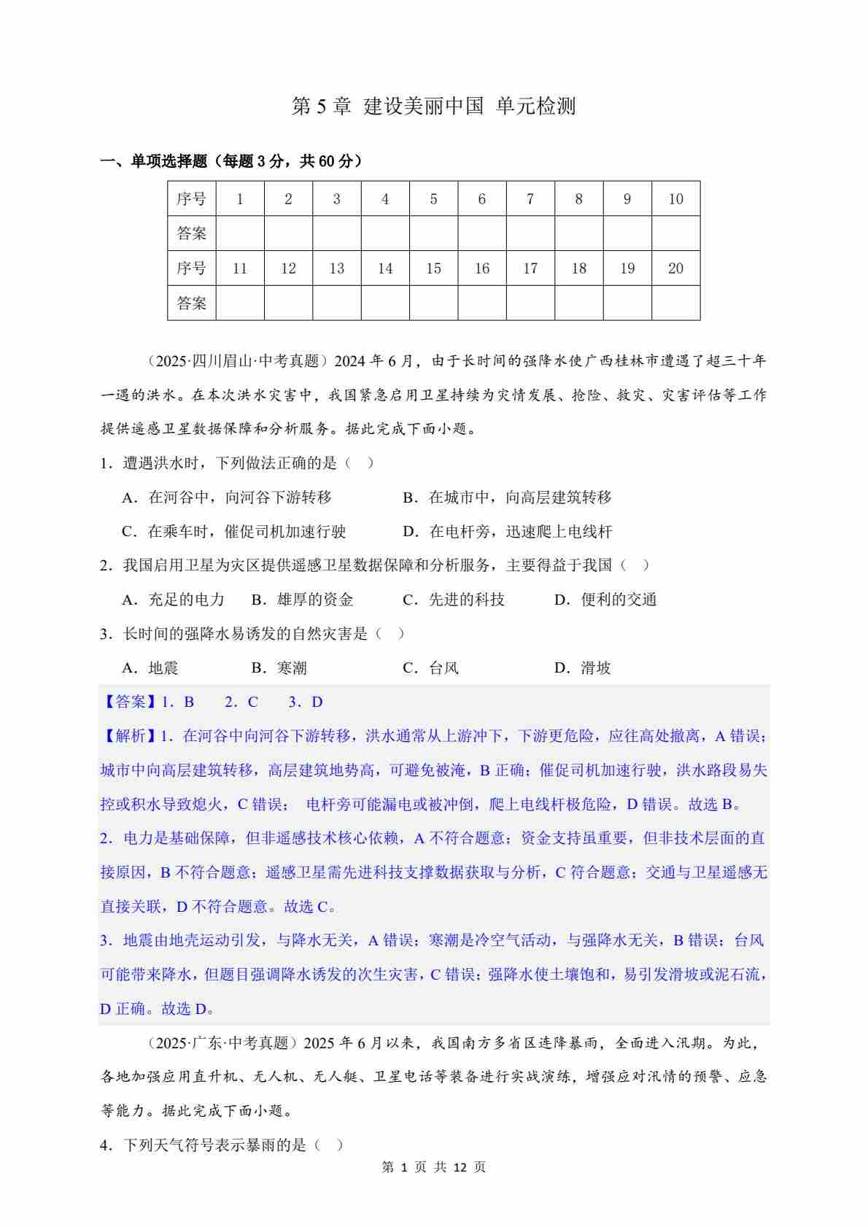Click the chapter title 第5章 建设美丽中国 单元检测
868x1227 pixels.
point(433,107)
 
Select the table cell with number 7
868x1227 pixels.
point(530,198)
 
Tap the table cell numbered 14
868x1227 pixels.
point(385,268)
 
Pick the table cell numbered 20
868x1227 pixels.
point(675,268)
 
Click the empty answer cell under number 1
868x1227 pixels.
point(240,233)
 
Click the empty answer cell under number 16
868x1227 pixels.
point(482,303)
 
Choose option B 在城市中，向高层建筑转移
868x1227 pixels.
point(507,498)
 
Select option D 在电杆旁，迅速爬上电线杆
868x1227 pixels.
point(507,532)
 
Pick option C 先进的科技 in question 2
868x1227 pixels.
point(454,600)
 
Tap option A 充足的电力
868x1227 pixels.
point(174,600)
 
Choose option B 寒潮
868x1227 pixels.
point(274,668)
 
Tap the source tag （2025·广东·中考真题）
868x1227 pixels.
point(218,1043)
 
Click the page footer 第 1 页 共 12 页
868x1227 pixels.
point(433,1167)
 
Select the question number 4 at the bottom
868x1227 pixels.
point(104,1145)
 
